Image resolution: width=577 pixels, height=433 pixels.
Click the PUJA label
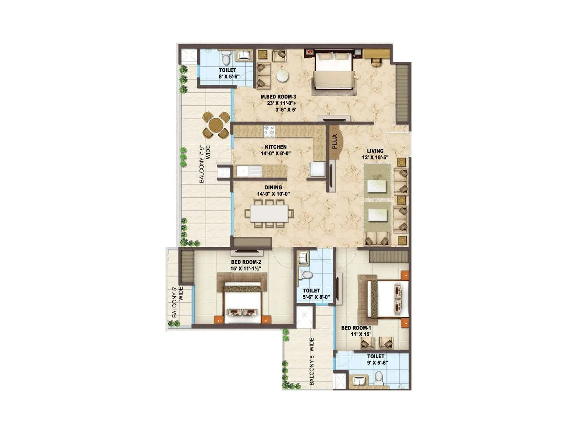[335, 142]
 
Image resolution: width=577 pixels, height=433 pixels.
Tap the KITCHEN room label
[276, 147]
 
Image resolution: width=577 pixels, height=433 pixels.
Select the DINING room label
[273, 187]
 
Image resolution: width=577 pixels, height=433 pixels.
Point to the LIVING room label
[375, 151]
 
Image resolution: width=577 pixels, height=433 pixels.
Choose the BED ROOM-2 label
[246, 262]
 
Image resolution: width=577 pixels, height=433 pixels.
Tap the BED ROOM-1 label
[356, 328]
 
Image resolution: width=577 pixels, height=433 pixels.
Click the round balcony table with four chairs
[216, 125]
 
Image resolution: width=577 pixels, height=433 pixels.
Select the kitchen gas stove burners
[269, 131]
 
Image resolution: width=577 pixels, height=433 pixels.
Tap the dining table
[269, 213]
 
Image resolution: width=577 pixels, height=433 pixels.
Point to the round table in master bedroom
[282, 76]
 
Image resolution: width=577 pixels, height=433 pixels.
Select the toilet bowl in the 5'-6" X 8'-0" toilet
[307, 275]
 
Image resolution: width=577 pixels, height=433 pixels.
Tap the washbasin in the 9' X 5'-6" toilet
[358, 381]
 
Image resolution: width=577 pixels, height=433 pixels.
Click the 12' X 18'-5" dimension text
[375, 157]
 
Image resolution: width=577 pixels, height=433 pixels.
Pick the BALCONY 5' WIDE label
[177, 302]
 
